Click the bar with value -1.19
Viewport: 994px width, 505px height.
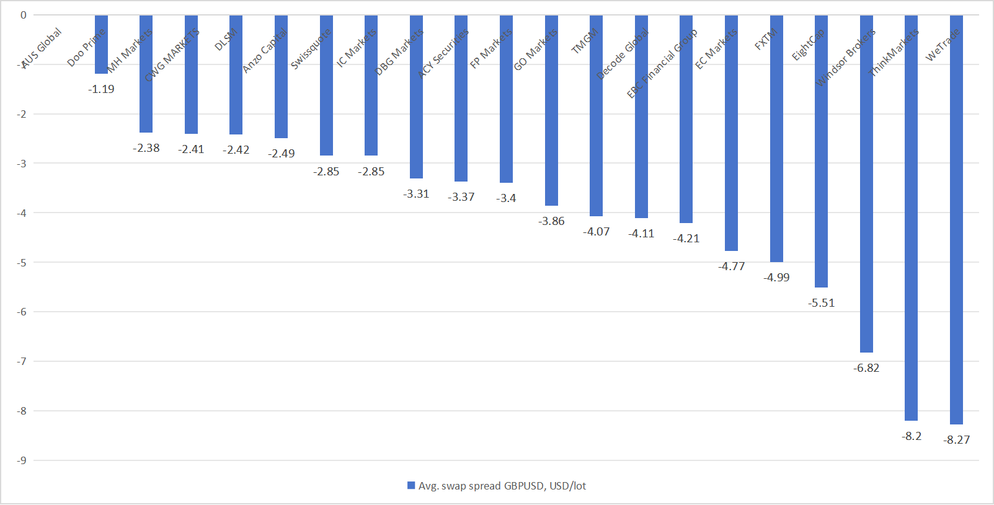(101, 45)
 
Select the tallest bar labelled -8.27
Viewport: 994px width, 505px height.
(956, 220)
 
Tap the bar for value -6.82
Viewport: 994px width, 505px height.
(866, 184)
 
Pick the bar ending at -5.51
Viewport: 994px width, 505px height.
(821, 151)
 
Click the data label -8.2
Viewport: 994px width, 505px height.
(912, 436)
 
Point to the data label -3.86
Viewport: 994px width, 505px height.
(551, 221)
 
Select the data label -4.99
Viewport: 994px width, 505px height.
(776, 278)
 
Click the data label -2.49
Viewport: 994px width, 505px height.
(282, 154)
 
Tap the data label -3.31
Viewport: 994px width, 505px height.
(416, 194)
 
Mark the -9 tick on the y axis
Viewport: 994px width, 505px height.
(22, 460)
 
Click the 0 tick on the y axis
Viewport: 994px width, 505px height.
(24, 15)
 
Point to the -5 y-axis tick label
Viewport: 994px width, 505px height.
(22, 262)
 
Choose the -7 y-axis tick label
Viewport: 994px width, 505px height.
(22, 361)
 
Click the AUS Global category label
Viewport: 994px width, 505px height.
(42, 47)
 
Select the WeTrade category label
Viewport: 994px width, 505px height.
(943, 45)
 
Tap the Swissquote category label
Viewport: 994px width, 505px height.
(311, 48)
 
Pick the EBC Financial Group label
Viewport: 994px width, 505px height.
(662, 63)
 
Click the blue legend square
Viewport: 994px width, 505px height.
(411, 486)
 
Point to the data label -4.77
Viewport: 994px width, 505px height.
(732, 266)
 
